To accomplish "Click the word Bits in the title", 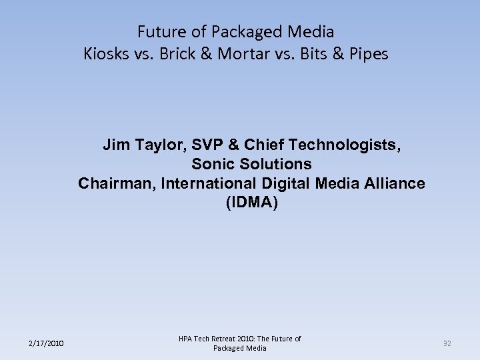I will pos(313,54).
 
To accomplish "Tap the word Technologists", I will pos(347,145).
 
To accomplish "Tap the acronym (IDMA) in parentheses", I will pos(251,203).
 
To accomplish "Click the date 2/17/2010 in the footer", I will pos(46,343).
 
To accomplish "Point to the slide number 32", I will pos(447,343).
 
